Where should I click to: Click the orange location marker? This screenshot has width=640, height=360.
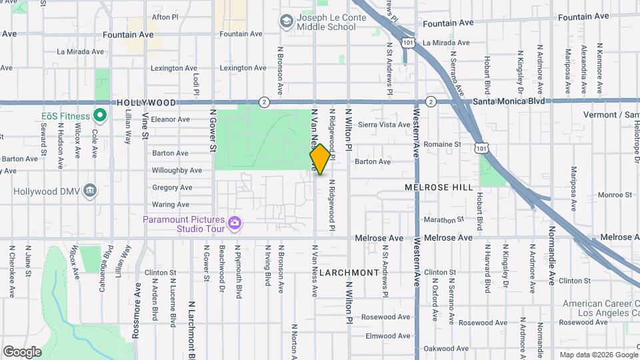pyautogui.click(x=320, y=159)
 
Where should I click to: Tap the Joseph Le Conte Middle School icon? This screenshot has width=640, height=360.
pyautogui.click(x=287, y=21)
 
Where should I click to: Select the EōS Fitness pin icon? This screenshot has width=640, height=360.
pyautogui.click(x=100, y=116)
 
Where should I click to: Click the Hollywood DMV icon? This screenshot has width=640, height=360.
pyautogui.click(x=90, y=192)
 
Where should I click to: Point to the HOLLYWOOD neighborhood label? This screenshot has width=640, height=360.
pyautogui.click(x=146, y=103)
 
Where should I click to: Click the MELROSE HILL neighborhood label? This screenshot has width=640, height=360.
pyautogui.click(x=433, y=188)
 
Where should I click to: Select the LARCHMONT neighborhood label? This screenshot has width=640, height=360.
pyautogui.click(x=349, y=273)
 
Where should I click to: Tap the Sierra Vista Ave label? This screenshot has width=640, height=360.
pyautogui.click(x=384, y=125)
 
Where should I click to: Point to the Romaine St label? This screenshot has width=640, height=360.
pyautogui.click(x=443, y=144)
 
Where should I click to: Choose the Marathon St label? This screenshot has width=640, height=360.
pyautogui.click(x=443, y=220)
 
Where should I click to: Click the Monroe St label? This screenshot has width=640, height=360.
pyautogui.click(x=615, y=195)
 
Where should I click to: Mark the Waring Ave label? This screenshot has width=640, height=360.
pyautogui.click(x=170, y=205)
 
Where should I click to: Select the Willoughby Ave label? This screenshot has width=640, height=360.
pyautogui.click(x=177, y=171)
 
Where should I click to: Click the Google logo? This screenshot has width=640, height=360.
pyautogui.click(x=22, y=351)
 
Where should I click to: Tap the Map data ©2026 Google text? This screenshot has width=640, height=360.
pyautogui.click(x=597, y=354)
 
